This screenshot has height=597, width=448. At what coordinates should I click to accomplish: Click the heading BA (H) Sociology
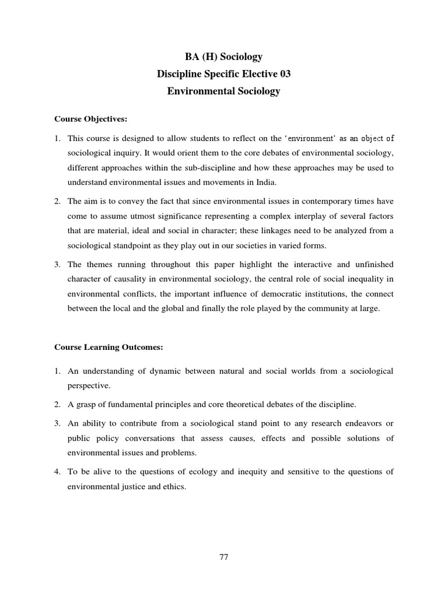tap(223, 57)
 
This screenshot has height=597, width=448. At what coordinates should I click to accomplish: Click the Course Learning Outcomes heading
tap(109, 347)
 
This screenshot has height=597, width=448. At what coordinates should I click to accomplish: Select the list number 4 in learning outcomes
tap(57, 472)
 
